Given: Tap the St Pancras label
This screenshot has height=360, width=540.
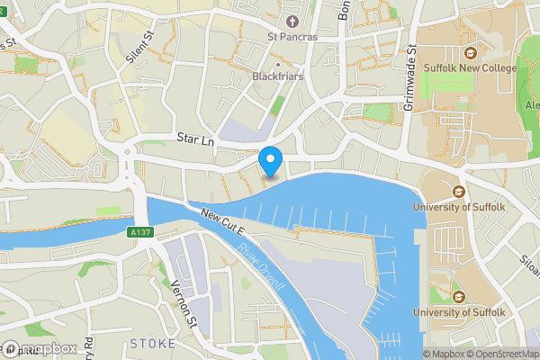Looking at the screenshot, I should pos(291,38).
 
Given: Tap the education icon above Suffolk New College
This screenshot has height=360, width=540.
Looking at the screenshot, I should pos(472,52).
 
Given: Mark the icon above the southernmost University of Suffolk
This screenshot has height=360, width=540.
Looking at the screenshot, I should pos(459,296).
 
